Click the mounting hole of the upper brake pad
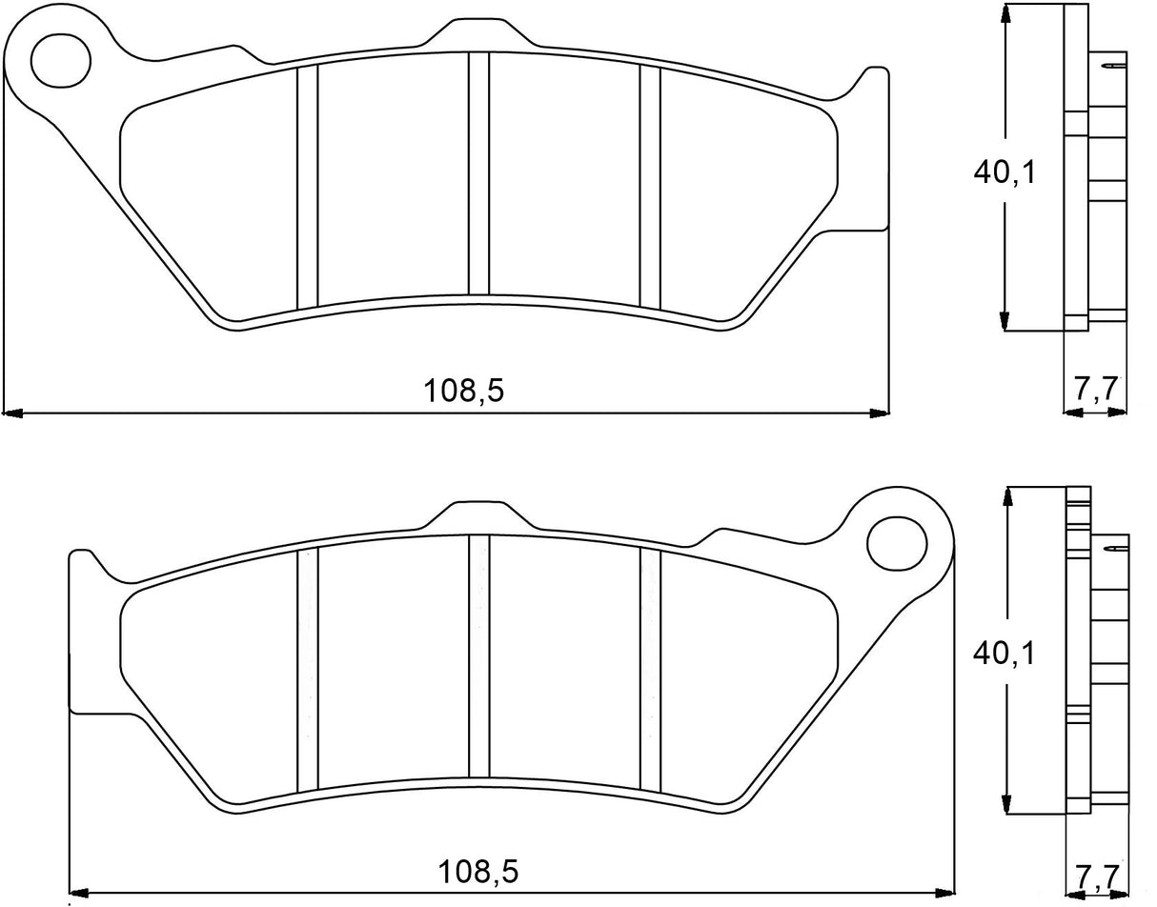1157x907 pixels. pos(61,60)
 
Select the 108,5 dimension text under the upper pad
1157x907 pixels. pos(463,391)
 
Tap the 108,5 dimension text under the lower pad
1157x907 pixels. pos(479,871)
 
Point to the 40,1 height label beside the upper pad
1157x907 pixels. pos(1004,171)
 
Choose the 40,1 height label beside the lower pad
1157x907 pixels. pos(1004,654)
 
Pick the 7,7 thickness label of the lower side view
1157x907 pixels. pos(1097,872)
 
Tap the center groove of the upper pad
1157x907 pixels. pos(478,173)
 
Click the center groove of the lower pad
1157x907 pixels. pos(478,655)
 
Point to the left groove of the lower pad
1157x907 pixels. pos(307,669)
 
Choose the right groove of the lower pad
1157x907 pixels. pos(650,669)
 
